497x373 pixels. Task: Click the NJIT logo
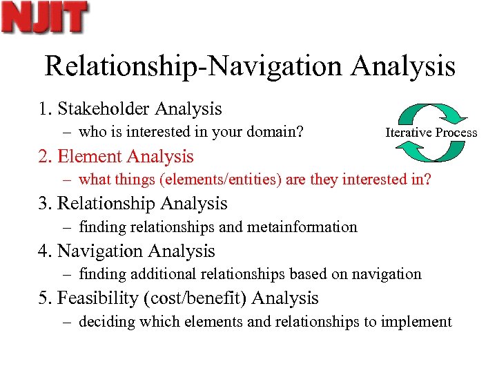tap(45, 18)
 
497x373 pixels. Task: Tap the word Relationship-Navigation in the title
tap(194, 66)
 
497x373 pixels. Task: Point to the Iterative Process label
tap(431, 132)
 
